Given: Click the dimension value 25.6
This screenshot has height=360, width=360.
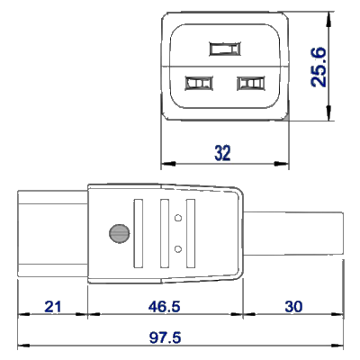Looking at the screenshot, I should pyautogui.click(x=319, y=67).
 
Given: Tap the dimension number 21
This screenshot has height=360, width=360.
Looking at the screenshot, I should pyautogui.click(x=53, y=307).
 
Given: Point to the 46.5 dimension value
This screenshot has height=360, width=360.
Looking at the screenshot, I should pyautogui.click(x=164, y=307).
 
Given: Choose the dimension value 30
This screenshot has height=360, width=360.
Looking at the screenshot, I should pyautogui.click(x=293, y=307).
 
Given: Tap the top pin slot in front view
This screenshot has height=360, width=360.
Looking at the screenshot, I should pyautogui.click(x=225, y=49).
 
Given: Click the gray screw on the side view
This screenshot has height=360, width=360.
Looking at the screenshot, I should pyautogui.click(x=116, y=233).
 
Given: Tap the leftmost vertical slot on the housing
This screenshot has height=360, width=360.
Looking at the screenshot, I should pyautogui.click(x=138, y=233).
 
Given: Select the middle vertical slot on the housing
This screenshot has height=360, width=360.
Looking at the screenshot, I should pyautogui.click(x=164, y=233).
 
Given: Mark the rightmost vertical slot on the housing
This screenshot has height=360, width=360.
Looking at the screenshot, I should pyautogui.click(x=190, y=233).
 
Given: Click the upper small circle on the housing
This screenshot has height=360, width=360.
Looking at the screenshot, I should pyautogui.click(x=177, y=218).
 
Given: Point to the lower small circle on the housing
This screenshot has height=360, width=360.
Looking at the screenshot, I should pyautogui.click(x=177, y=248).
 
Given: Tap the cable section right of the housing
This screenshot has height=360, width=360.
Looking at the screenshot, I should pyautogui.click(x=292, y=233).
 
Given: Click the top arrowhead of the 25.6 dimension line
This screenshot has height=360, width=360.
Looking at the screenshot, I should pyautogui.click(x=329, y=17).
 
